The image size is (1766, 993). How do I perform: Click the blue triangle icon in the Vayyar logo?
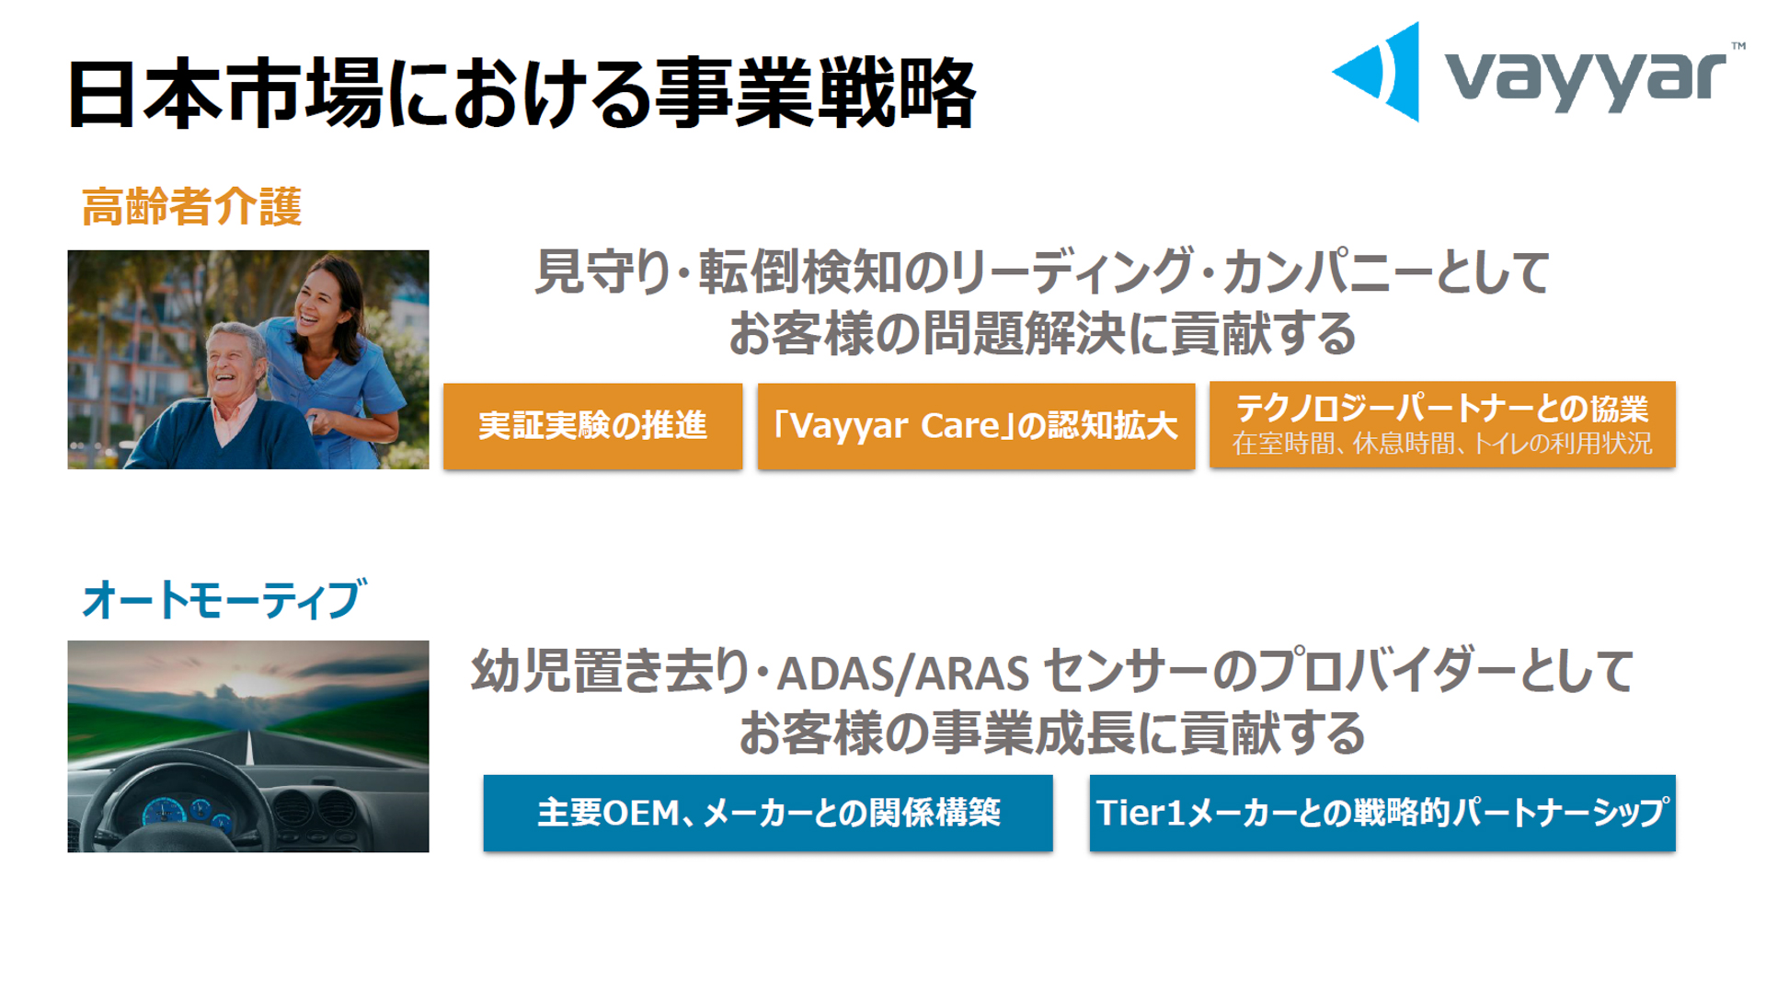(1377, 72)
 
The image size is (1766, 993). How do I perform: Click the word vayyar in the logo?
(1585, 78)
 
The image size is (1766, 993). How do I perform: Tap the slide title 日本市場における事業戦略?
(521, 94)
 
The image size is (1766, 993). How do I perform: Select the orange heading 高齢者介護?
(192, 206)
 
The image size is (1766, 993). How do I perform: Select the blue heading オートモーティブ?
(224, 599)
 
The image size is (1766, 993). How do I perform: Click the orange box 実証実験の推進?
(592, 426)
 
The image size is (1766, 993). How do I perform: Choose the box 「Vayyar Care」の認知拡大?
(976, 426)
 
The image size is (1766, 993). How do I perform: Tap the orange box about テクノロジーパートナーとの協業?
(1441, 409)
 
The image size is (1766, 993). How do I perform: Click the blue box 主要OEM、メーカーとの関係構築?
(768, 813)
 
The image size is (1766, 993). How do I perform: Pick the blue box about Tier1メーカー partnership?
(1382, 813)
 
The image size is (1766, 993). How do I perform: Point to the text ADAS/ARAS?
(902, 674)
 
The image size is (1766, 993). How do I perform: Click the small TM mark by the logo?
(1737, 46)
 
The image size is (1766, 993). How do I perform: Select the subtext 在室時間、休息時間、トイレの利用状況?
(1441, 444)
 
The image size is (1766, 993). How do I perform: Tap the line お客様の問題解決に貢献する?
(1042, 333)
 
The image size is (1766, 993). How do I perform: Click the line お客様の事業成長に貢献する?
(1051, 733)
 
